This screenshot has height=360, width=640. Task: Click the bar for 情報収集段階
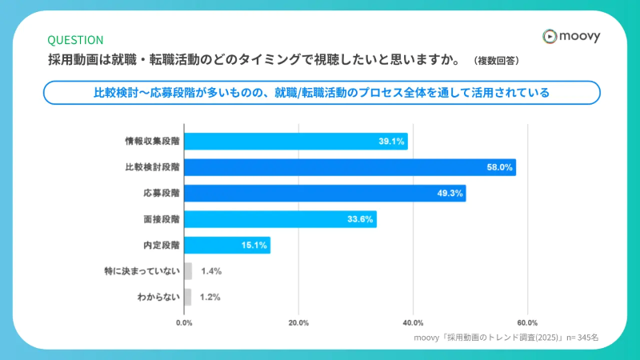point(296,142)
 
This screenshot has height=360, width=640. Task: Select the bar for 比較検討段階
point(350,167)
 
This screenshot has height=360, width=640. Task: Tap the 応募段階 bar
point(325,194)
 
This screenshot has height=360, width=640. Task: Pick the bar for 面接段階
point(280,219)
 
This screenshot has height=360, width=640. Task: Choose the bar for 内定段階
point(227,246)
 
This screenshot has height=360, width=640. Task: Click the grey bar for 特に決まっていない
point(188,271)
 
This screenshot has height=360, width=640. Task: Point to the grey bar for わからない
point(188,298)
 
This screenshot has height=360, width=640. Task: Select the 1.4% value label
point(211,271)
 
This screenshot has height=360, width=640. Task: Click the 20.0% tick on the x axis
point(298,322)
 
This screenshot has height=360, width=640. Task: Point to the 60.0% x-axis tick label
point(527,322)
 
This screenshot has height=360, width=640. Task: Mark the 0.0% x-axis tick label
point(184,322)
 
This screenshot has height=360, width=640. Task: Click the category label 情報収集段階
point(152,142)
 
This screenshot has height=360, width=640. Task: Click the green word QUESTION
point(75,40)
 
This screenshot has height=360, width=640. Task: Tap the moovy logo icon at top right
point(549,36)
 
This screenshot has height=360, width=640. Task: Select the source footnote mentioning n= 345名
point(506,338)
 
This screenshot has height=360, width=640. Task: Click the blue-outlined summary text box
point(321,93)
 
